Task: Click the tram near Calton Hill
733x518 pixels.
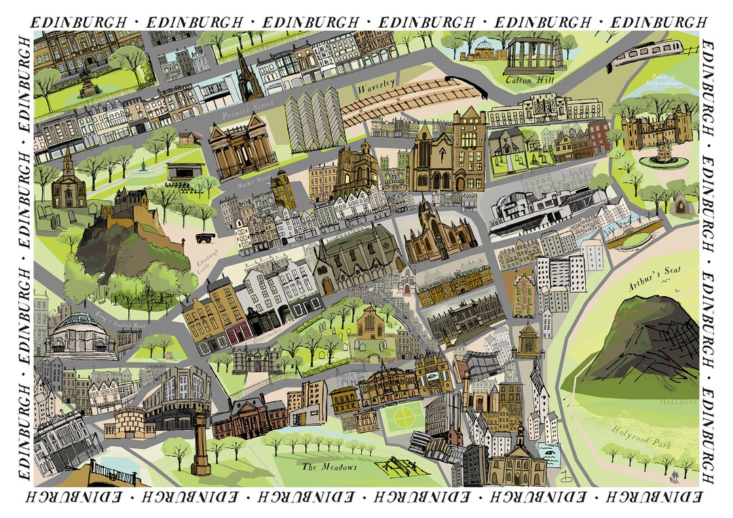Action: tap(649, 52)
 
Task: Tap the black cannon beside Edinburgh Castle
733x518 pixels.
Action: tap(204, 237)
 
